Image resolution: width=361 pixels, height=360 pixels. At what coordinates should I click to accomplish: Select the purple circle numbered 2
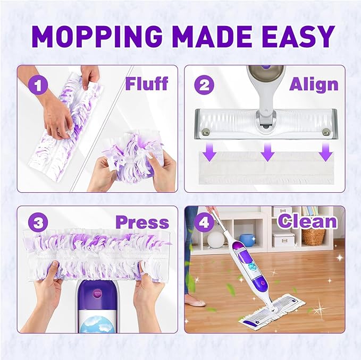204,84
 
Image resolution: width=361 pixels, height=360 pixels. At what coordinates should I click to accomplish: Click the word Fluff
146,83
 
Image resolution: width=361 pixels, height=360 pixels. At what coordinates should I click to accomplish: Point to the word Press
142,222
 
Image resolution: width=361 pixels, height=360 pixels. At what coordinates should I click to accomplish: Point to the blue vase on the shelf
247,240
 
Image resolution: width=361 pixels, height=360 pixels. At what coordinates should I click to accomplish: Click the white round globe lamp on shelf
215,240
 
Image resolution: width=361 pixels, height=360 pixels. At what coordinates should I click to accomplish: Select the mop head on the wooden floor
271,311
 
